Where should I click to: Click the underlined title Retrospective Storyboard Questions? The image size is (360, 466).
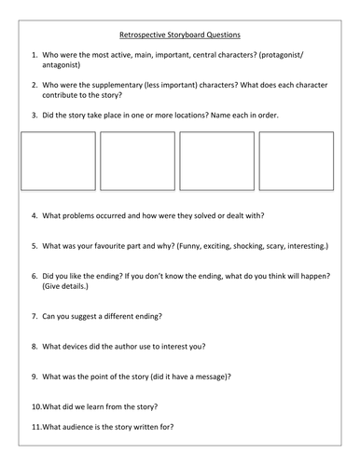coord(179,34)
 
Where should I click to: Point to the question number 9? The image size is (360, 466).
coord(35,376)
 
